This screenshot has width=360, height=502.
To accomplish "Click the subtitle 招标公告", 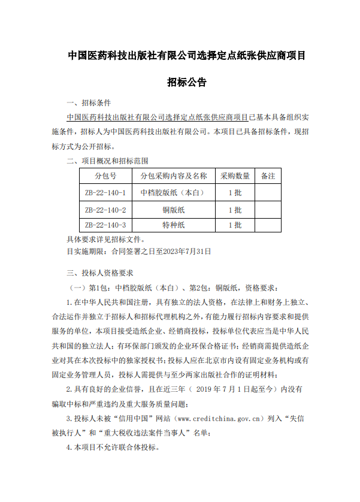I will click(x=187, y=82).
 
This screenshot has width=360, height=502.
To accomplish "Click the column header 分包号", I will click(x=105, y=176).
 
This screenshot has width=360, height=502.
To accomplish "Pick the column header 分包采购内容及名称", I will click(x=174, y=176).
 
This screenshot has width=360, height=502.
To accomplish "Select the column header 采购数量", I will click(x=235, y=176).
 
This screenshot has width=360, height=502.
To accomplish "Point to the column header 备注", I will click(x=268, y=176).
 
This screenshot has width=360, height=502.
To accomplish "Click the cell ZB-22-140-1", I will click(x=105, y=193).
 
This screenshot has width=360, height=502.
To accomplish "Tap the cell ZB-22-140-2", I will click(x=105, y=210).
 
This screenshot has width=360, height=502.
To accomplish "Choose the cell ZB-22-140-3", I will click(x=105, y=225).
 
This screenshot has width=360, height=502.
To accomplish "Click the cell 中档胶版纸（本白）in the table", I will click(x=174, y=193).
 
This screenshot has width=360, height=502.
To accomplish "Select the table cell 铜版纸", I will click(x=174, y=210).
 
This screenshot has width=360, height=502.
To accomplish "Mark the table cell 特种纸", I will click(x=174, y=225).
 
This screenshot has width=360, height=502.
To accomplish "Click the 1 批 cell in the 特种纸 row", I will click(x=235, y=225).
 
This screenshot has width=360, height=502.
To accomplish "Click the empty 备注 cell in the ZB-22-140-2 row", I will click(x=268, y=210).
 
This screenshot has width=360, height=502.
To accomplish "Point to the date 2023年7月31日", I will click(x=187, y=252).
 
